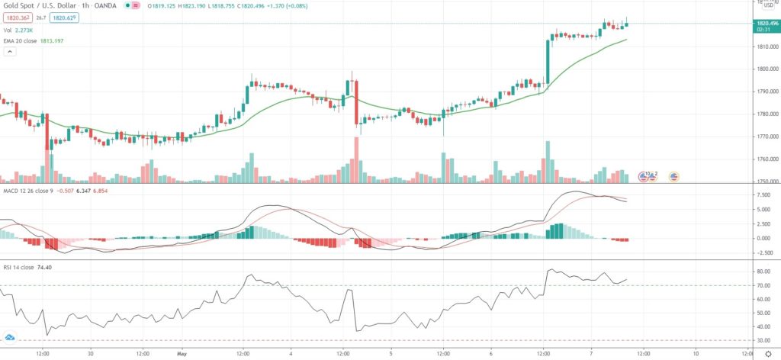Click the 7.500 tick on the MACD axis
pyautogui.click(x=762, y=194)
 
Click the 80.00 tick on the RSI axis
pyautogui.click(x=763, y=272)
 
